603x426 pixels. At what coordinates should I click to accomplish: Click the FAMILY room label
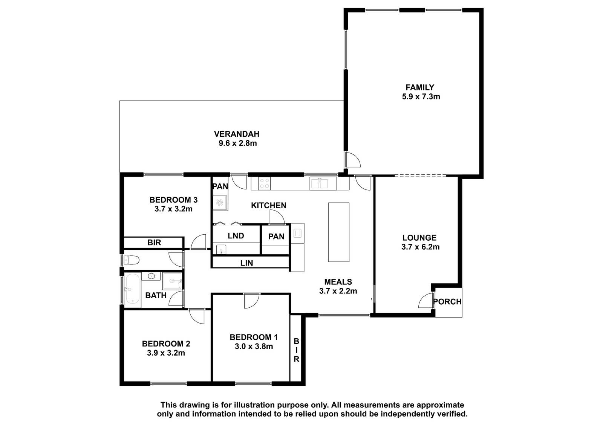(420, 87)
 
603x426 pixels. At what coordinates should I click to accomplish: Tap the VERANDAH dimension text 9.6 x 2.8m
(238, 143)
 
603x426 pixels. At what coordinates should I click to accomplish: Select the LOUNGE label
(419, 238)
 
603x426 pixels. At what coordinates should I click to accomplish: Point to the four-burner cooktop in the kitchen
(264, 183)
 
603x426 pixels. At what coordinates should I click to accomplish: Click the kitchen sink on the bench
(323, 183)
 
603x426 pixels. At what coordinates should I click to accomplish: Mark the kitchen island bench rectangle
(339, 232)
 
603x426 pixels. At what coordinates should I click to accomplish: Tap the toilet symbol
(131, 260)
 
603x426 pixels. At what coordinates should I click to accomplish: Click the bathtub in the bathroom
(132, 289)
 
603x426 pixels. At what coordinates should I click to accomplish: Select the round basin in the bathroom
(151, 276)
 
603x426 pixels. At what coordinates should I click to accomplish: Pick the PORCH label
(447, 302)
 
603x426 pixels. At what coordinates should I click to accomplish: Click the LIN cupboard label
(246, 263)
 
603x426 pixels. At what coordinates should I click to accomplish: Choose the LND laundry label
(236, 236)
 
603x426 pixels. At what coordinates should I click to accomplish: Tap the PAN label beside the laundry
(276, 237)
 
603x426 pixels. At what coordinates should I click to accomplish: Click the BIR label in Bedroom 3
(154, 243)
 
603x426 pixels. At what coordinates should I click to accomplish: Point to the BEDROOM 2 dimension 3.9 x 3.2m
(166, 353)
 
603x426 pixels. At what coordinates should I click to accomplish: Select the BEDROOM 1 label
(254, 337)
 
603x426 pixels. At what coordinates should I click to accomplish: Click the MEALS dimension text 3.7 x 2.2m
(338, 291)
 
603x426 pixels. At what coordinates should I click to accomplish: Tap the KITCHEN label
(269, 206)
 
